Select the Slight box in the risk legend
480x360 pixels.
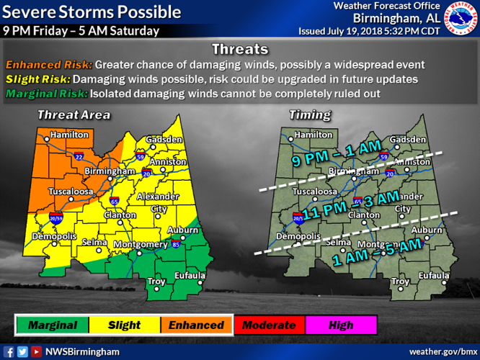click(124, 325)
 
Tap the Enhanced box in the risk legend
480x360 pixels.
click(196, 325)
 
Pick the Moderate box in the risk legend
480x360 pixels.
click(269, 325)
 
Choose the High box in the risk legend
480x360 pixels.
click(341, 325)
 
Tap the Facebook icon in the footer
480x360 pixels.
click(9, 351)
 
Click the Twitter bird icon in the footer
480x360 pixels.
click(22, 351)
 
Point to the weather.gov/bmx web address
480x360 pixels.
click(440, 351)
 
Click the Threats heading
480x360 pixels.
click(240, 50)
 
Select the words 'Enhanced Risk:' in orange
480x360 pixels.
click(48, 64)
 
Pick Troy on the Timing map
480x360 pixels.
click(400, 281)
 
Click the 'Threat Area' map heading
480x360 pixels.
click(74, 115)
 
